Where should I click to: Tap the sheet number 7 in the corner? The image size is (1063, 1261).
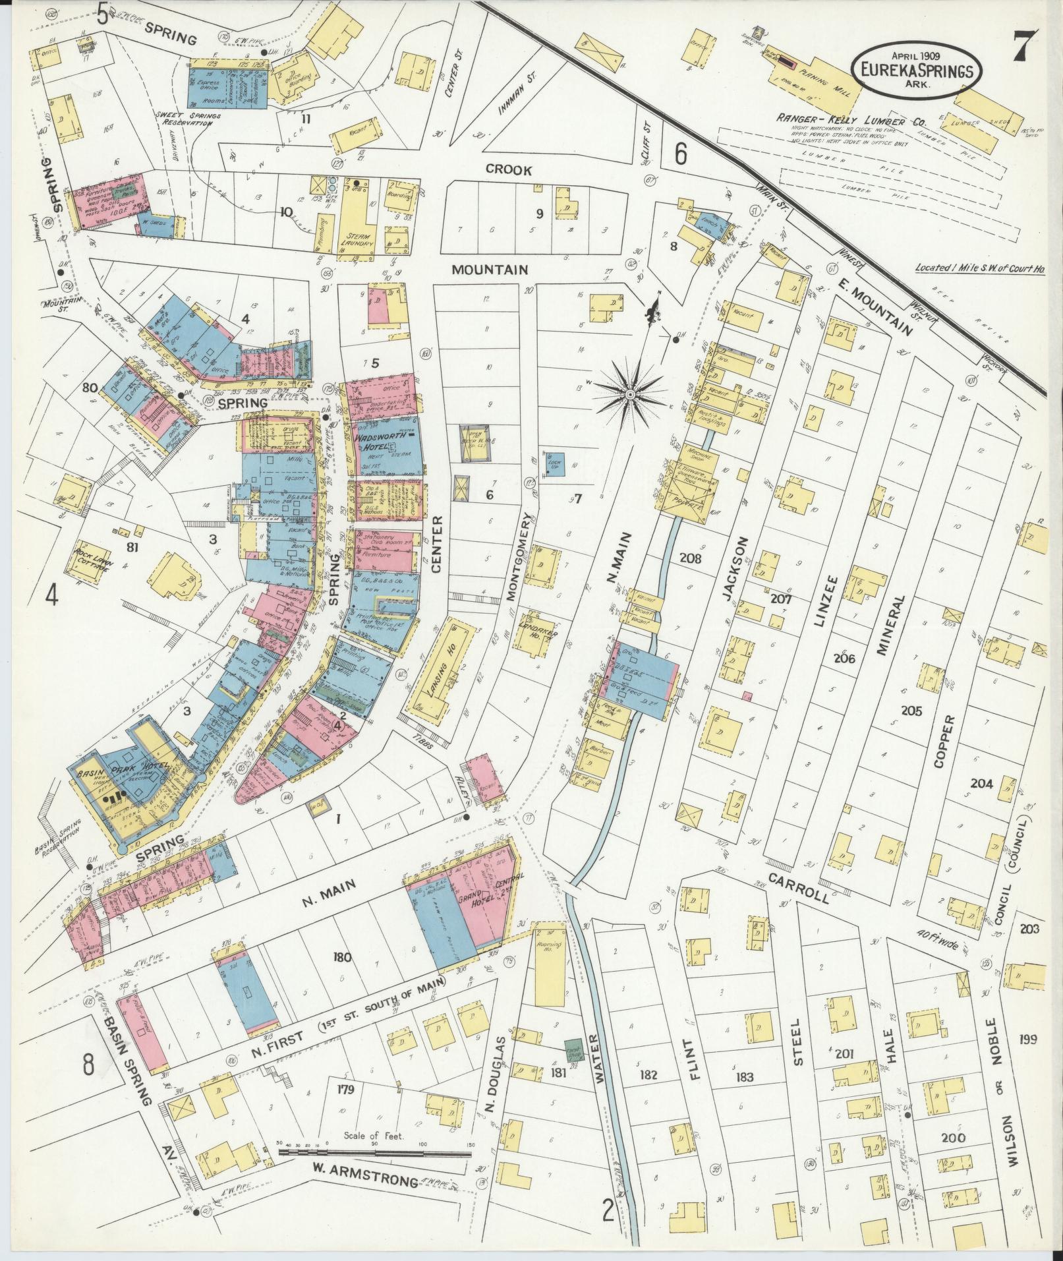coord(1027,44)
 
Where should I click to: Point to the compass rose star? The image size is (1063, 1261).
coord(630,394)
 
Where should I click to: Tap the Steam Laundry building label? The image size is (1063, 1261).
coord(360,239)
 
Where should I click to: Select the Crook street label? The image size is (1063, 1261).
coord(508,170)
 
